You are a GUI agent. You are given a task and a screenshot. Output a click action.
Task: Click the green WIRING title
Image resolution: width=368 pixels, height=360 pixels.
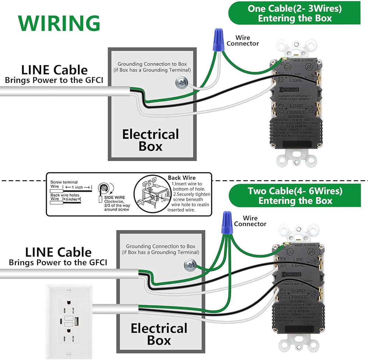point(59,23)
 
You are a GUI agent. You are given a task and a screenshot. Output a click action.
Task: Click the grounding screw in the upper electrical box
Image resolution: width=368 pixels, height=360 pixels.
point(181,82)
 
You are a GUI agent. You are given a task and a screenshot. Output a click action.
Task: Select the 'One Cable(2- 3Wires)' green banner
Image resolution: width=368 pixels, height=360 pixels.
point(294,13)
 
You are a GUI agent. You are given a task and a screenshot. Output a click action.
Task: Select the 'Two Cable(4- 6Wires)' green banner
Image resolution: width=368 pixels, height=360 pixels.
point(295,196)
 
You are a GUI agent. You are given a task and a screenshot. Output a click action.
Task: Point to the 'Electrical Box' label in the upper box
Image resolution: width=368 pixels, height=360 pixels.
point(151,140)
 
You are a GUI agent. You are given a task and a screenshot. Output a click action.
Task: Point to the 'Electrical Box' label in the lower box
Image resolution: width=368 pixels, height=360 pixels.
point(159,334)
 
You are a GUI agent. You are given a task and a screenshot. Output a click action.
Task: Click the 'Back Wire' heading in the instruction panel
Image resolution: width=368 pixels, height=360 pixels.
point(182,178)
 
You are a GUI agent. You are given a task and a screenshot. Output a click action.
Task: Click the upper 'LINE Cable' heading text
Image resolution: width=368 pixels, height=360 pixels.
point(54,70)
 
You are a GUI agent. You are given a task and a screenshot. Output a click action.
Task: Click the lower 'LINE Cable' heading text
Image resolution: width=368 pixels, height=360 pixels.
point(58,252)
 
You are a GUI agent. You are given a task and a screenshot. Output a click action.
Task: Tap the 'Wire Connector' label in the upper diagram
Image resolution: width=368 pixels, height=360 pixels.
point(243,40)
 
